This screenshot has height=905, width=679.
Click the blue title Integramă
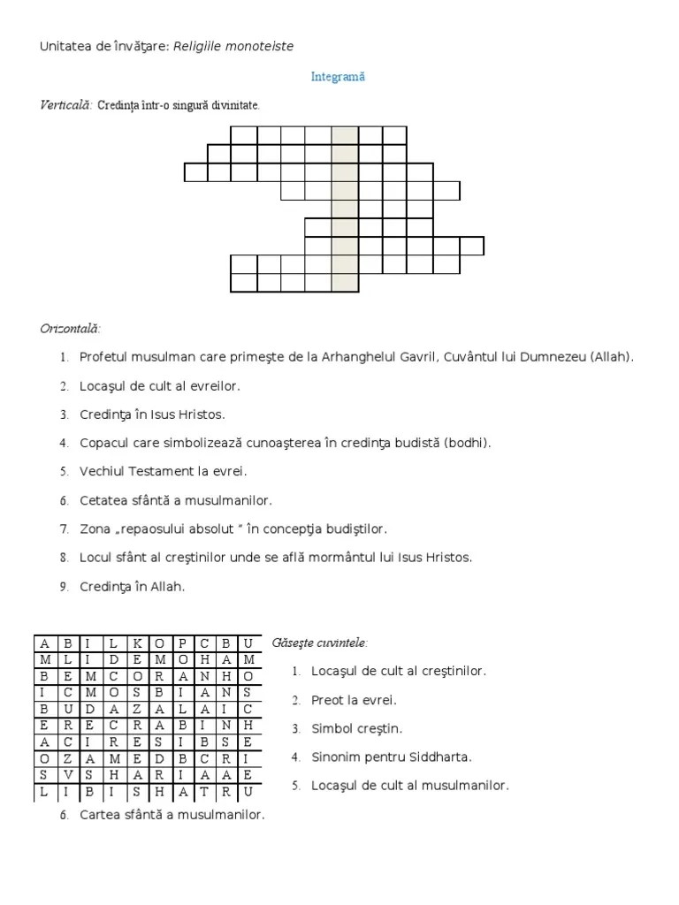pos(338,77)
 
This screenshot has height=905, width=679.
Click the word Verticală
pos(65,105)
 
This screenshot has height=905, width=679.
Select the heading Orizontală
pos(70,329)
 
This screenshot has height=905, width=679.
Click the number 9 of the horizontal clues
pos(64,587)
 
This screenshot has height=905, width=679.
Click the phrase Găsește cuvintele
pos(320,642)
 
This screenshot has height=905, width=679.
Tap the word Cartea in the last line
pos(98,815)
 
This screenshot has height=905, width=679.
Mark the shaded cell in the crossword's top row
pos(346,135)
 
